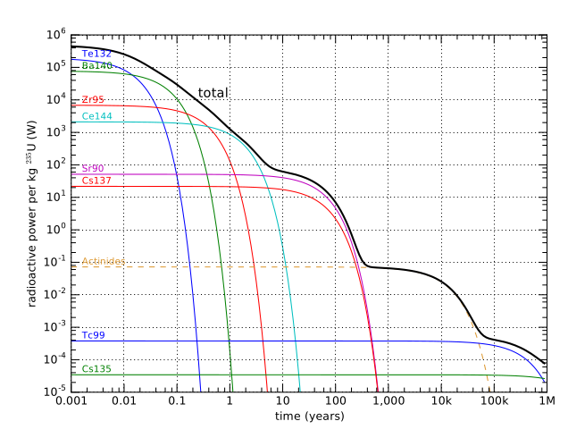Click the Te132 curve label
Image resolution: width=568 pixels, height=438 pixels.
point(96,54)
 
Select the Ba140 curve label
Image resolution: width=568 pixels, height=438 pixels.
point(96,66)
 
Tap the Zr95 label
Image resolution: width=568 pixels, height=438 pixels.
point(93,99)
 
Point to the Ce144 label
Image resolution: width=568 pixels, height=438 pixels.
point(96,116)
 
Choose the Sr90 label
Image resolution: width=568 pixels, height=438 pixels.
point(93,168)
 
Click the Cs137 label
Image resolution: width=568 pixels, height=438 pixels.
point(96,181)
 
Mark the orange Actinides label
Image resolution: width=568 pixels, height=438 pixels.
point(102,262)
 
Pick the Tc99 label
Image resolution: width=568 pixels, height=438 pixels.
point(93,335)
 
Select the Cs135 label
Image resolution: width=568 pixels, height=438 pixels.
point(96,368)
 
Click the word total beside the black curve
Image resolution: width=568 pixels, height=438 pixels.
point(213,93)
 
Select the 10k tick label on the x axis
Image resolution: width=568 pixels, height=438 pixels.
point(440,403)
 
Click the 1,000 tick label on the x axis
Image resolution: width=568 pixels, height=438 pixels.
point(388,403)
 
